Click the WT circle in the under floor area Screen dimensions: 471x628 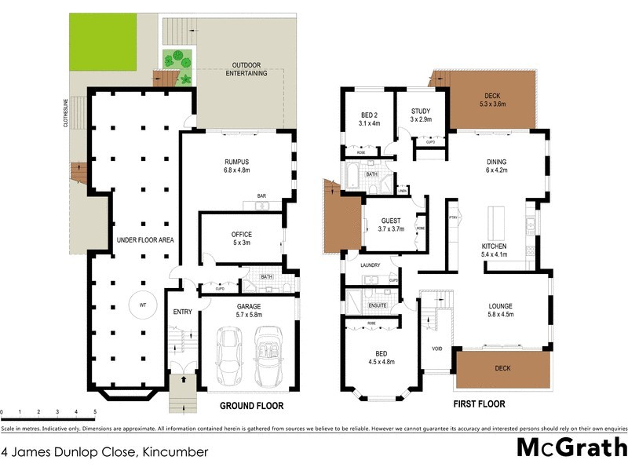point(144,304)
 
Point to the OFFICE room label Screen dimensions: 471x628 point(241,234)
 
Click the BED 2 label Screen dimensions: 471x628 point(369,115)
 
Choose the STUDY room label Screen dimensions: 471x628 point(421,111)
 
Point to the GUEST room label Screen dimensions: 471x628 point(392,221)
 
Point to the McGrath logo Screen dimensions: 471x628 point(571,449)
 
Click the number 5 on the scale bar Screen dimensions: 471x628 point(95,411)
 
